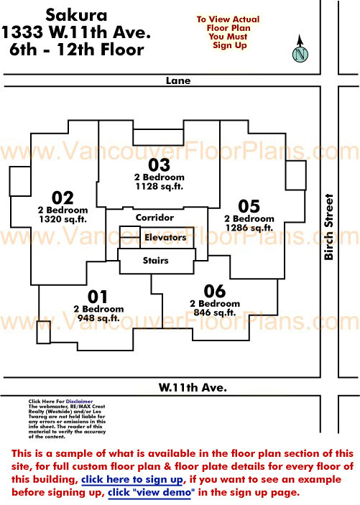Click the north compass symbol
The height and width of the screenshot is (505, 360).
click(x=300, y=49)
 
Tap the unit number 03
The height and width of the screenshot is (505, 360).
click(x=159, y=165)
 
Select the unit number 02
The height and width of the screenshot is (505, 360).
click(x=63, y=198)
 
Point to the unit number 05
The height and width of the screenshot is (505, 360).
click(x=249, y=206)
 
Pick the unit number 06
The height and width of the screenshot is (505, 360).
click(x=215, y=291)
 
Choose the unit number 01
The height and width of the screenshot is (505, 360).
click(x=97, y=297)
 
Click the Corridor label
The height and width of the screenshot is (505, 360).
click(x=154, y=218)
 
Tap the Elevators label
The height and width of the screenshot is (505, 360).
click(x=165, y=237)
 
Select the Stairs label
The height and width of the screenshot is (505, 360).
click(x=156, y=260)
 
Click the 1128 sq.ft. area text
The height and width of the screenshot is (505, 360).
click(x=160, y=186)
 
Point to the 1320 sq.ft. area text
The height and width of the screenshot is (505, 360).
click(x=63, y=219)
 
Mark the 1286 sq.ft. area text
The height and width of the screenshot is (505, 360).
click(x=249, y=228)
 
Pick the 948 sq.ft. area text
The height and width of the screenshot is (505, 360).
click(x=98, y=318)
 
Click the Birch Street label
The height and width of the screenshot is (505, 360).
click(x=328, y=227)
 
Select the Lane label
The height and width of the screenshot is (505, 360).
click(x=178, y=80)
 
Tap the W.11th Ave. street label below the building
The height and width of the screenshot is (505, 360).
click(x=193, y=387)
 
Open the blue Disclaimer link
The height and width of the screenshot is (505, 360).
click(x=79, y=402)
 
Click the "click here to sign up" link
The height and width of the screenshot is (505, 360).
click(x=132, y=480)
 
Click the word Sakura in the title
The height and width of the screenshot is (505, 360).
click(x=76, y=15)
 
